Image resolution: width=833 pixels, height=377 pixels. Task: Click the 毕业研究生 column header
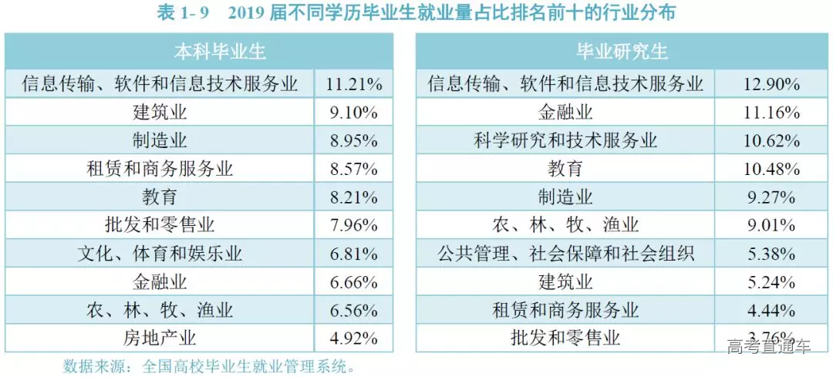pos(622,52)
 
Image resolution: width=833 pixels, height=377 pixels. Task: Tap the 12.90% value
pos(772,83)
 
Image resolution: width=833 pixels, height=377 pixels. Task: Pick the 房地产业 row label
pos(160,338)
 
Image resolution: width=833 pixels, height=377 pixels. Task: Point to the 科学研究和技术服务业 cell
pos(565,140)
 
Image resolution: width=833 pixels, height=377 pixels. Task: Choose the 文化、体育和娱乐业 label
pos(160,253)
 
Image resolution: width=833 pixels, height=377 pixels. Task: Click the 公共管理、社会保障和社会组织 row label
pos(565,253)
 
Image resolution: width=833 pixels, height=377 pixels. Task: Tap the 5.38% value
pos(772,253)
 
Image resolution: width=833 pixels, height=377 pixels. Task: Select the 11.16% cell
pos(772,112)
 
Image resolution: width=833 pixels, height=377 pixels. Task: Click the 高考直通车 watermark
pos(768,346)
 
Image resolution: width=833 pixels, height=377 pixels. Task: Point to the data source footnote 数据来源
pos(208,365)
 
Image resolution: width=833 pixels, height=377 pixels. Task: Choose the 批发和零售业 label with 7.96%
pos(160,225)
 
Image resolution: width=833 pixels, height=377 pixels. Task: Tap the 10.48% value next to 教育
pos(772,168)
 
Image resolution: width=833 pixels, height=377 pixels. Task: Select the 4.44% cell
pos(772,310)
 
